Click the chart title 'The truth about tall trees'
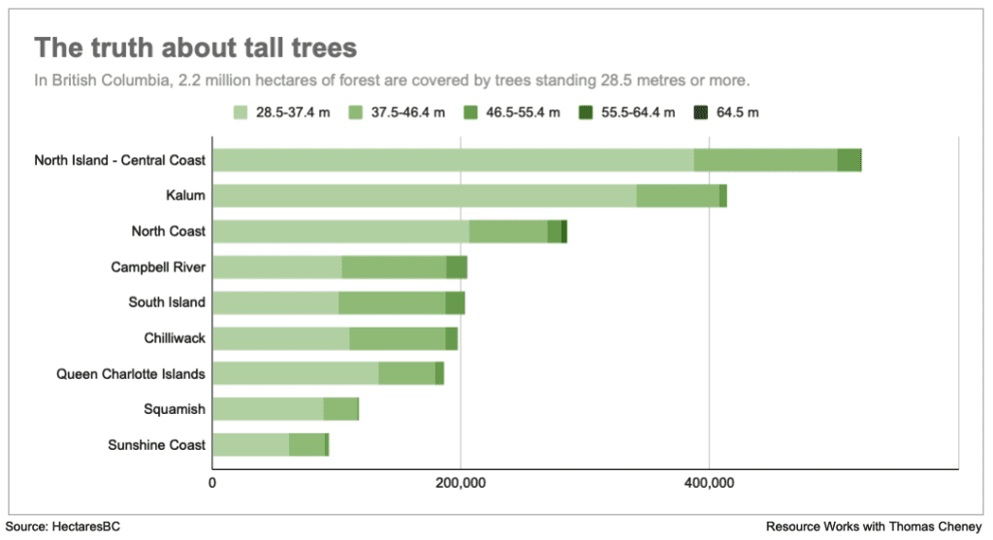(x=196, y=48)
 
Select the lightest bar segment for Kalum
(x=424, y=196)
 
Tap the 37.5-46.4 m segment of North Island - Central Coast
(x=765, y=160)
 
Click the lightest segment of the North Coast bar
(x=340, y=232)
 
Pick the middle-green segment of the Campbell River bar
(x=394, y=268)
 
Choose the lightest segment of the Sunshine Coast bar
(x=250, y=444)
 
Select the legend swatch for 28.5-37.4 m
(x=241, y=112)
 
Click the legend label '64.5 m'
(x=737, y=112)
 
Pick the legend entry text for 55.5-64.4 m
(x=636, y=112)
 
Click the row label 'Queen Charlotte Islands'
(x=131, y=373)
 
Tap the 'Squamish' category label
(x=175, y=409)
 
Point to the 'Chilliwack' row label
(x=175, y=337)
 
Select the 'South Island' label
(x=167, y=302)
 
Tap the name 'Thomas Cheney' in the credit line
(x=942, y=526)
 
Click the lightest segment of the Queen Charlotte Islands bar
(x=295, y=373)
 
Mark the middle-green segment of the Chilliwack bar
(x=398, y=338)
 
